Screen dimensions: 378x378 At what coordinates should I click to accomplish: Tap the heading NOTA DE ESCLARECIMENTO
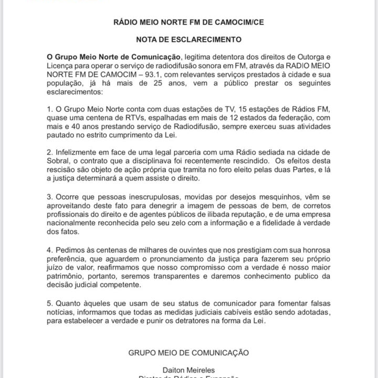click(x=189, y=39)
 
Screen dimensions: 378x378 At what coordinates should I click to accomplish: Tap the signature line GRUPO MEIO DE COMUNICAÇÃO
click(x=189, y=353)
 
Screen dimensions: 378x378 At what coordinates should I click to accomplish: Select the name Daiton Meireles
click(x=189, y=370)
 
